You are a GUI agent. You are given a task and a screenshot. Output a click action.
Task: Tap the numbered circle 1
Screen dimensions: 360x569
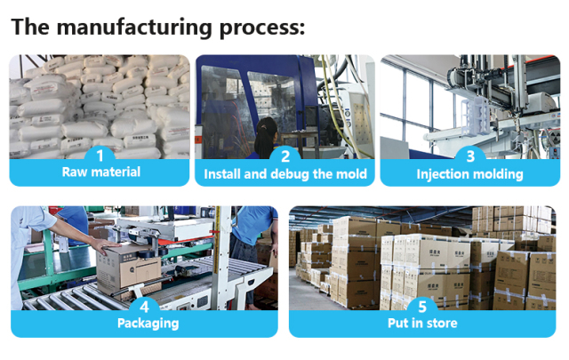[100, 156]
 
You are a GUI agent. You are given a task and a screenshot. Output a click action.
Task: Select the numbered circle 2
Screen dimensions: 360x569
[285, 156]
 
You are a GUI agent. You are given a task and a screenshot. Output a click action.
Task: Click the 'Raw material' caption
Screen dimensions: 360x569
[100, 172]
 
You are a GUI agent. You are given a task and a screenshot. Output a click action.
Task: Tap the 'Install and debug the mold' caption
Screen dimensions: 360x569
[285, 173]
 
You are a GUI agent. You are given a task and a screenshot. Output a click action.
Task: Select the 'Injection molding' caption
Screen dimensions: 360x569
[470, 173]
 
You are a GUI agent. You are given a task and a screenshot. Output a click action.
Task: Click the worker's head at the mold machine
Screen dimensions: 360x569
[268, 125]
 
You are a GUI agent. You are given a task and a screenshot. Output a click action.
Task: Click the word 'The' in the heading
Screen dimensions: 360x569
[31, 27]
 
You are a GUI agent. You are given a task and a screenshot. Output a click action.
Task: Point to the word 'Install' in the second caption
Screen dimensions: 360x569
[223, 173]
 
